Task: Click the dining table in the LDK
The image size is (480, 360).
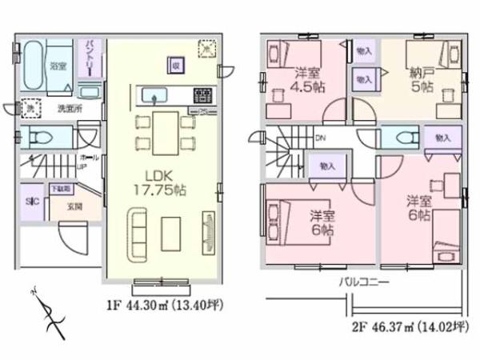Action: pyautogui.click(x=166, y=130)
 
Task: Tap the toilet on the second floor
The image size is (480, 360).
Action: pyautogui.click(x=396, y=136)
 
